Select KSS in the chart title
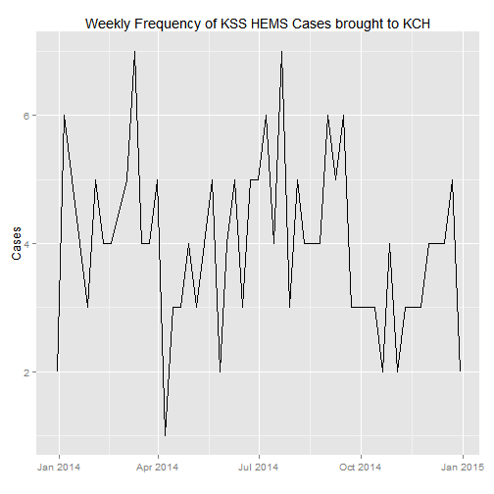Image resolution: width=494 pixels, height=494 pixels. (234, 24)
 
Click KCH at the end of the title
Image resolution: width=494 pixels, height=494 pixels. (417, 24)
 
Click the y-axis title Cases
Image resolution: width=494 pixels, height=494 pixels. (17, 243)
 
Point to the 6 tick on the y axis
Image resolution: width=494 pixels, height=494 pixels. (26, 116)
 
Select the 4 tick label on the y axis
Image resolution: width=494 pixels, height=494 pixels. (26, 244)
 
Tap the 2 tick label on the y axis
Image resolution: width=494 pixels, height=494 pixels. (26, 372)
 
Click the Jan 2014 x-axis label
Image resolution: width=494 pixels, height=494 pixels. (59, 468)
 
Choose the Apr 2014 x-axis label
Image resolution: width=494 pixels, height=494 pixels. (158, 468)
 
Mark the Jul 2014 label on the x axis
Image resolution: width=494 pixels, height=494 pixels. (258, 468)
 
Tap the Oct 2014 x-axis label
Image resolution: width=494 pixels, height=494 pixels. (361, 468)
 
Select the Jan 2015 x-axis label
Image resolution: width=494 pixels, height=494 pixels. (463, 468)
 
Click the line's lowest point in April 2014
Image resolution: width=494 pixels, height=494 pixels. (166, 435)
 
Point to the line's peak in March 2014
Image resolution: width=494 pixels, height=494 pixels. (134, 51)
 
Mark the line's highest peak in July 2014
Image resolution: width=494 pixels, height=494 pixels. (281, 51)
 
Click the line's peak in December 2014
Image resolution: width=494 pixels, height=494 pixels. (452, 179)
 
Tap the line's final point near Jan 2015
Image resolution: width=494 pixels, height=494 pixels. (461, 371)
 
